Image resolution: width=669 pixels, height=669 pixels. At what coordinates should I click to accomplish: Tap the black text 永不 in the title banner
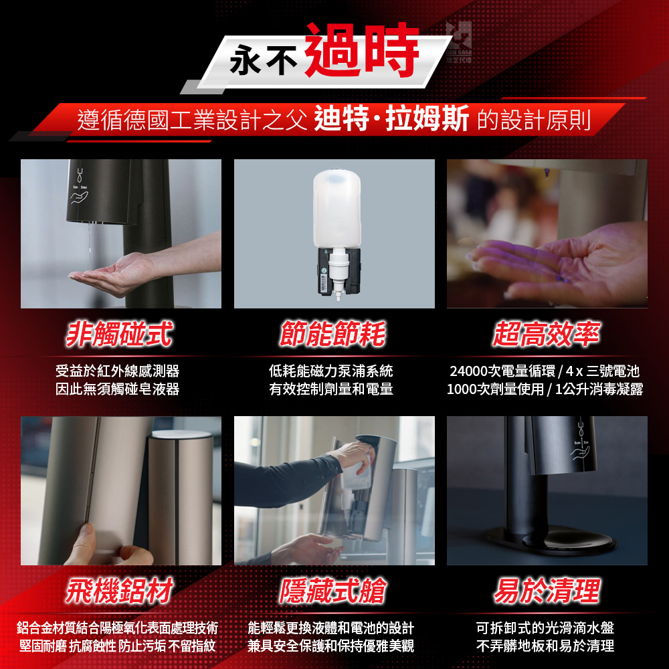click(x=263, y=60)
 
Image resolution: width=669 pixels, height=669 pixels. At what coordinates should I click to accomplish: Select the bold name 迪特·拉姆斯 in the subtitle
click(x=391, y=118)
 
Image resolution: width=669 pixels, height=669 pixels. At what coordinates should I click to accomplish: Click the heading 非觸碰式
click(x=120, y=334)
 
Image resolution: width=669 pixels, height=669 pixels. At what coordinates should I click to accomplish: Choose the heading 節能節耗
click(x=332, y=334)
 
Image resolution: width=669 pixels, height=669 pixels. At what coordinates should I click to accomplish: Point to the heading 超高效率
click(x=547, y=334)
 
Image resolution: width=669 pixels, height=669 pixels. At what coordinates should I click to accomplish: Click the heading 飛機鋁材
click(x=120, y=591)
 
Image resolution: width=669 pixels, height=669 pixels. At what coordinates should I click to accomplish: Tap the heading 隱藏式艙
click(x=332, y=591)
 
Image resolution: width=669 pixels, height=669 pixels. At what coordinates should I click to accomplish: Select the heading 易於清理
click(x=547, y=591)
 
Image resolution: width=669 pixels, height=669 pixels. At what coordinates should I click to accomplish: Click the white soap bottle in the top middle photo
click(x=337, y=208)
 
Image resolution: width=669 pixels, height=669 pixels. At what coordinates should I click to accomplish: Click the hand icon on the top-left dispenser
click(x=80, y=197)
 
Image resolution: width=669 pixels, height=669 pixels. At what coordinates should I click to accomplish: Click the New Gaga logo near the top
click(x=459, y=41)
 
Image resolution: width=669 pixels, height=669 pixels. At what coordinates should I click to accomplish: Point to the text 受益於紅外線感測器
click(x=117, y=371)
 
